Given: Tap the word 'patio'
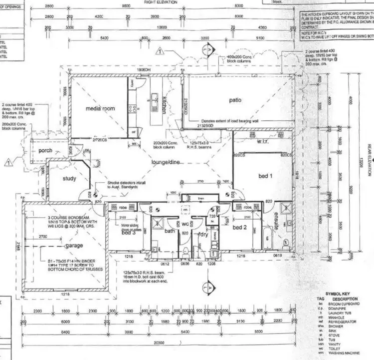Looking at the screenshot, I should coord(235,100).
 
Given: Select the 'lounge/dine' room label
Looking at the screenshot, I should coord(166,162).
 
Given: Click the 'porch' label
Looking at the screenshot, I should coord(41,150).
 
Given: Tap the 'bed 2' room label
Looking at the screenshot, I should coord(240,227).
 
